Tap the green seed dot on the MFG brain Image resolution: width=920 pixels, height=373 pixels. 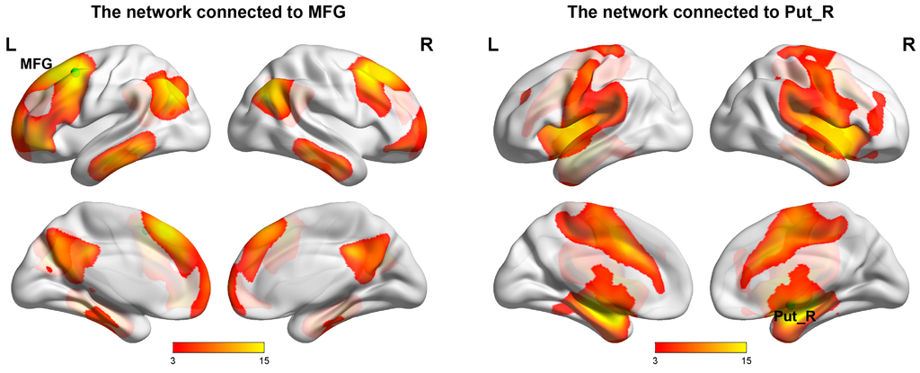click(76, 71)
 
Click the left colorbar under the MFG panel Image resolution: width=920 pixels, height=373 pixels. click(218, 346)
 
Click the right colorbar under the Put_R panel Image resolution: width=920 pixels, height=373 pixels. click(702, 346)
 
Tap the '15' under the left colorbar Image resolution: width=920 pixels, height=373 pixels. click(262, 360)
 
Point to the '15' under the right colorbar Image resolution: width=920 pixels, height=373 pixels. click(746, 360)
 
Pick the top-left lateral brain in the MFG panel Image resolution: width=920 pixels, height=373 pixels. click(112, 117)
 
